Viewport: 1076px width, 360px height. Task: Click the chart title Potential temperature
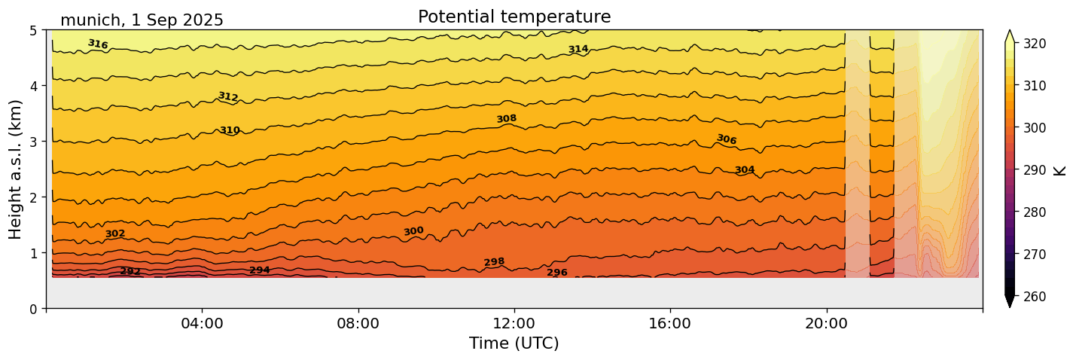pos(514,17)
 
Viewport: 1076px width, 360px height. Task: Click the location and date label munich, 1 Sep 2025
pos(142,20)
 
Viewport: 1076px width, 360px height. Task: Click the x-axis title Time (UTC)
pos(514,343)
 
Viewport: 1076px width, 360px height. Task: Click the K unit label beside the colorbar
pos(1061,170)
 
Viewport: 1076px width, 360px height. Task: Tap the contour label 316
pos(98,44)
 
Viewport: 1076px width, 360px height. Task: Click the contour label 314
pos(578,50)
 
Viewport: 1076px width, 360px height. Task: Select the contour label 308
pos(507,119)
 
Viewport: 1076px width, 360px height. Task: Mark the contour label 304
pos(745,170)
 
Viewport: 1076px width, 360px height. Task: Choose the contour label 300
pos(413,231)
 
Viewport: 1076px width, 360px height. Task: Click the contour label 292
pos(130,271)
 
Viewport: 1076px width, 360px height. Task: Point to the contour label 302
pos(115,234)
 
